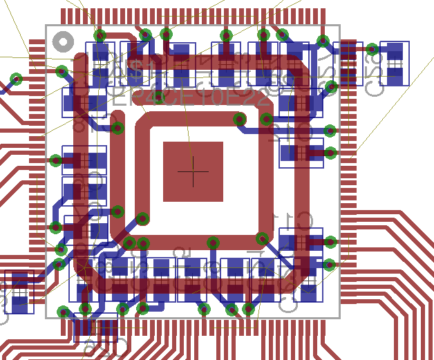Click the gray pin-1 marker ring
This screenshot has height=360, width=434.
[63, 42]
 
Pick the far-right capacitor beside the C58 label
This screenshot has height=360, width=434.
[395, 64]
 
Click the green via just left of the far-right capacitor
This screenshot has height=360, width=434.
[372, 49]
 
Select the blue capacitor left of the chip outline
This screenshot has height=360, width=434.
[19, 292]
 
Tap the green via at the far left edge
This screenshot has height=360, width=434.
[16, 79]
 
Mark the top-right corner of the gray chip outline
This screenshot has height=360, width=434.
[339, 26]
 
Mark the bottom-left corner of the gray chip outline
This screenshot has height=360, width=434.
[46, 317]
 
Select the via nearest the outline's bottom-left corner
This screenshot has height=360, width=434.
[63, 312]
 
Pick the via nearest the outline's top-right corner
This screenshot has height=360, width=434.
[323, 41]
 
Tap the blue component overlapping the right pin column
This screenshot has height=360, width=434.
[347, 64]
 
